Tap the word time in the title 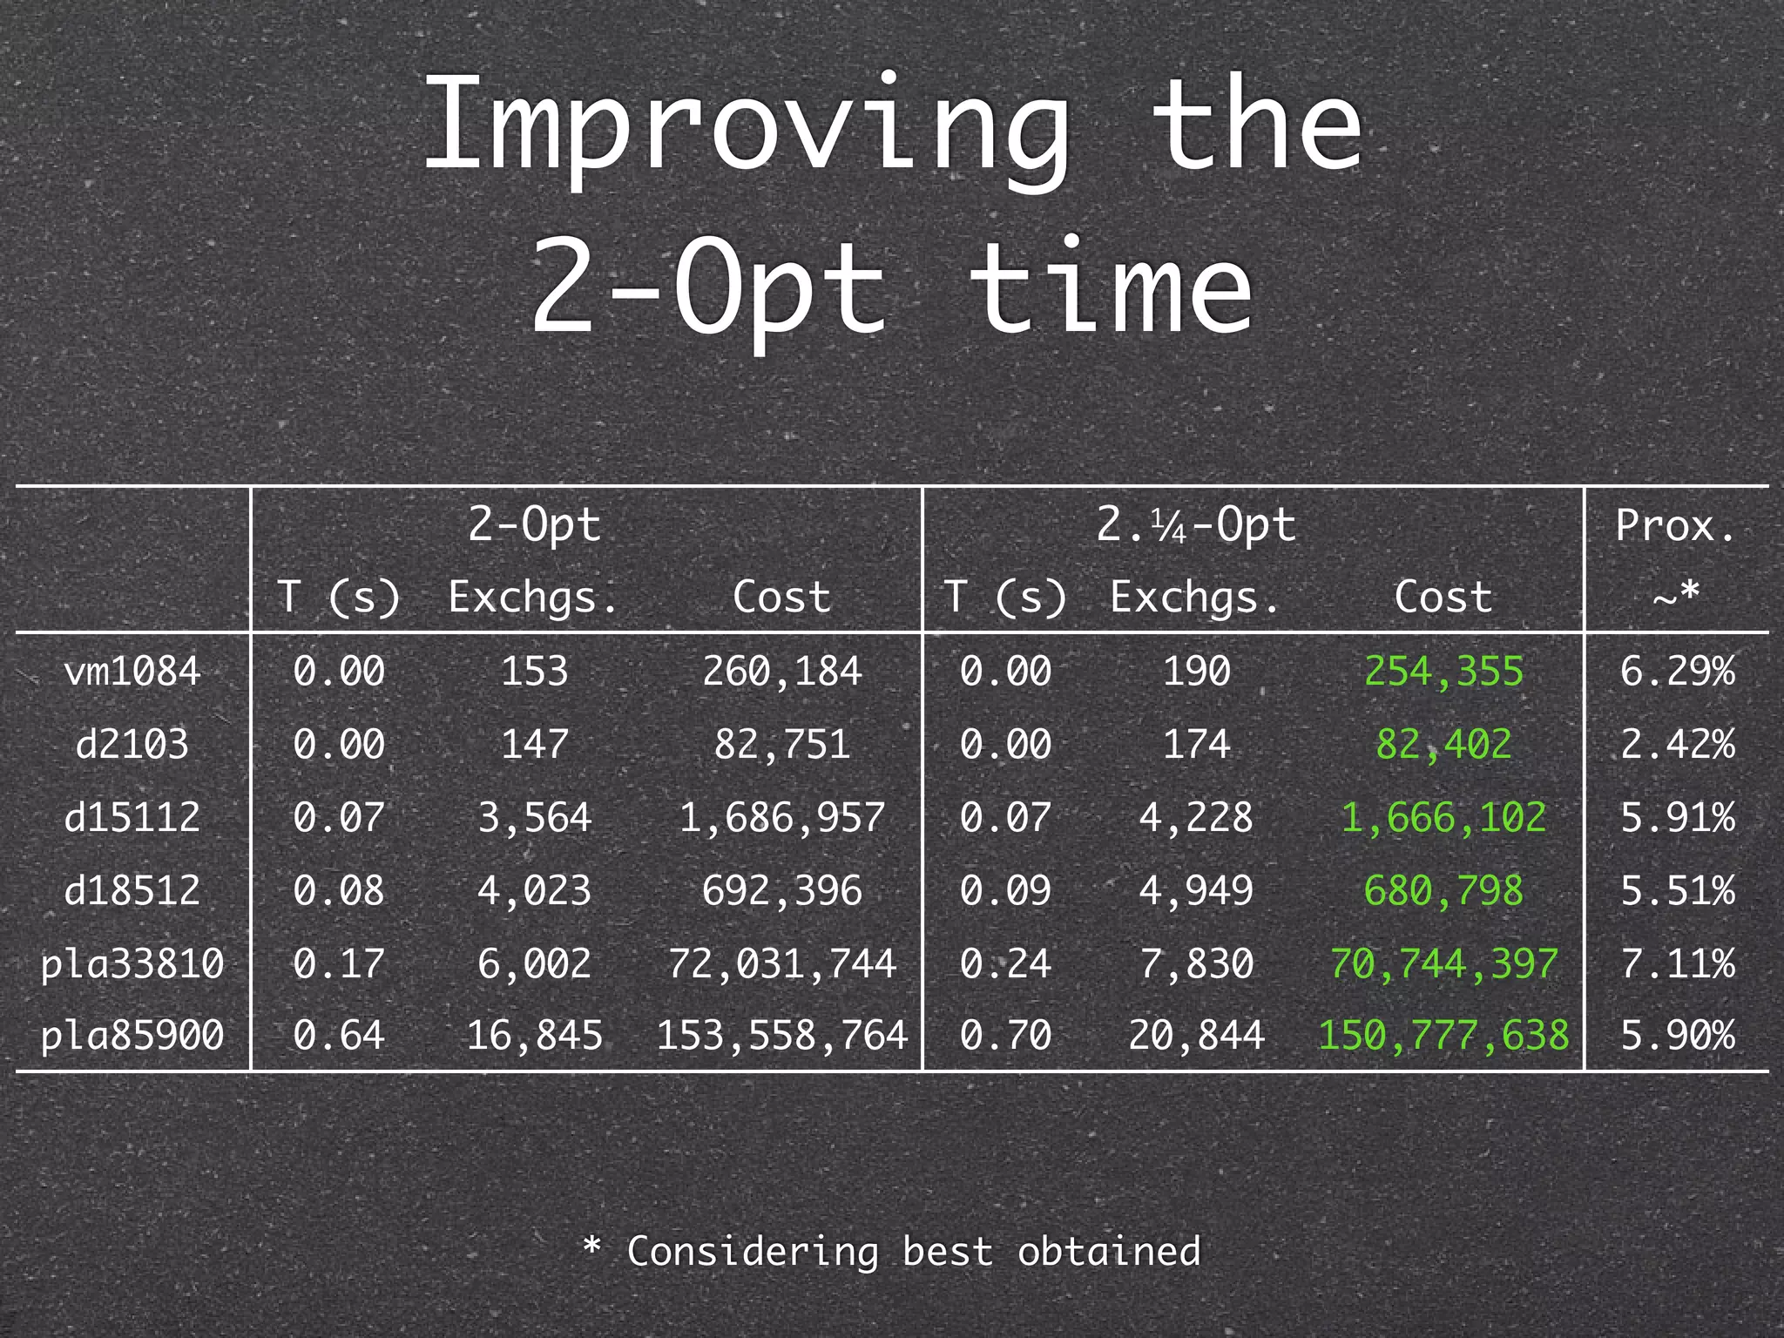pos(1110,287)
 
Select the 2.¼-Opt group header pos(1196,525)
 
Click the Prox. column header pos(1675,525)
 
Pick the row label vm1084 pos(132,672)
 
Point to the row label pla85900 pos(132,1036)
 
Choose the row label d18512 pos(132,890)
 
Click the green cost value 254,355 pos(1443,672)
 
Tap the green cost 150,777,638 pos(1443,1036)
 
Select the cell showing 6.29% pos(1677,672)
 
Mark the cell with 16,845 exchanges pos(534,1036)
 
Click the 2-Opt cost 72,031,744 pos(781,963)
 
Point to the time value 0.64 pos(338,1036)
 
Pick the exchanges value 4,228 pos(1196,817)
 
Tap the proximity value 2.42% pos(1677,745)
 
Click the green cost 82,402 pos(1443,745)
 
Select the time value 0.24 pos(1005,963)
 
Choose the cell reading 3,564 pos(534,817)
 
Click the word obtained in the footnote pos(1109,1252)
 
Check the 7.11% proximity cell pos(1677,963)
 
